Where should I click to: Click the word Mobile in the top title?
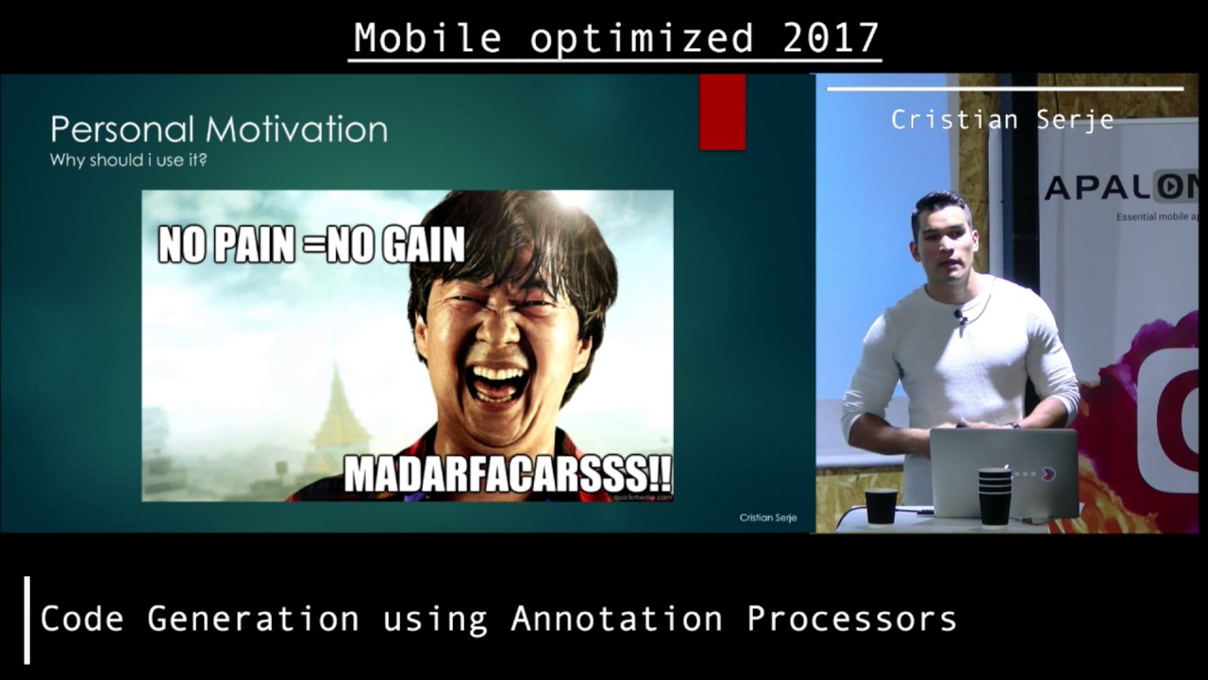point(428,38)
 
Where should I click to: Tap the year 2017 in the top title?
point(830,38)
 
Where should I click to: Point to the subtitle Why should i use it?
point(128,160)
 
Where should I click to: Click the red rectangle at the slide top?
point(722,111)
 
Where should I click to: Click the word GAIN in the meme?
point(422,246)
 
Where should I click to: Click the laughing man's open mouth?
point(496,382)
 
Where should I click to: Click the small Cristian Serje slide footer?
point(767,518)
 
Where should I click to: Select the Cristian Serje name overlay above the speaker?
point(1002,120)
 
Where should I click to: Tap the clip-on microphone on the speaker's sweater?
point(960,317)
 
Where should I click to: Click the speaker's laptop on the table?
point(1003,472)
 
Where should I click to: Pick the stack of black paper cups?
point(994,496)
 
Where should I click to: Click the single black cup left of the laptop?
point(881,506)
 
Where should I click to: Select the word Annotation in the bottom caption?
point(616,619)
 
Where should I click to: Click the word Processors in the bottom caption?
point(851,619)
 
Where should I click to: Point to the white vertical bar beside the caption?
point(27,620)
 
